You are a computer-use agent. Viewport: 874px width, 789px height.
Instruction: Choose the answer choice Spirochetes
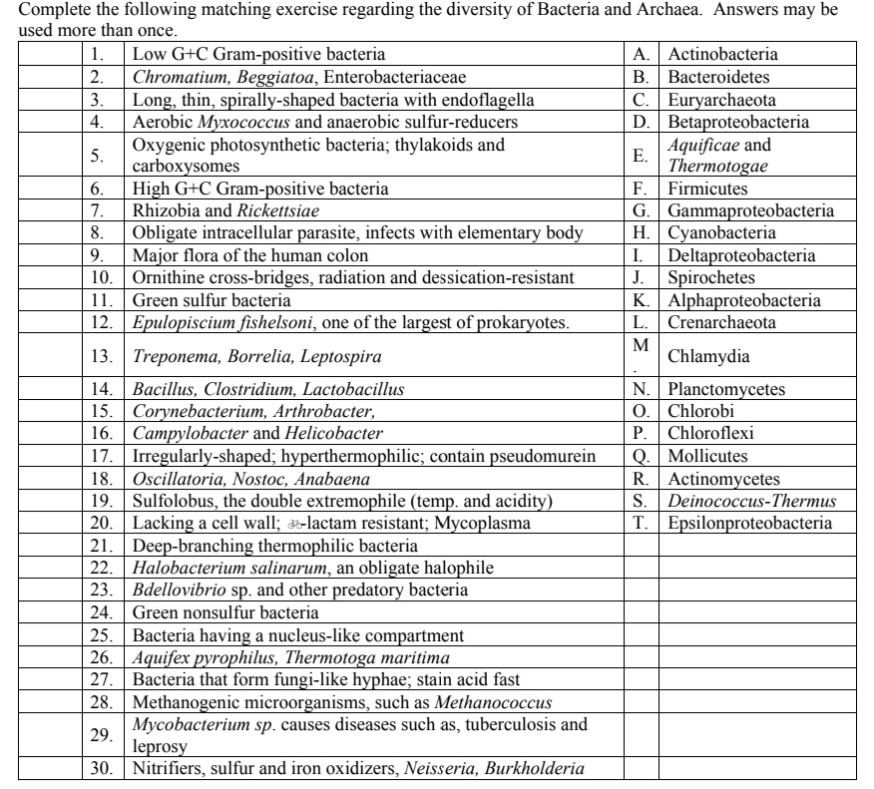(x=706, y=277)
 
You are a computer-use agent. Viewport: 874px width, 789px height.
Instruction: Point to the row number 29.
(x=100, y=734)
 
